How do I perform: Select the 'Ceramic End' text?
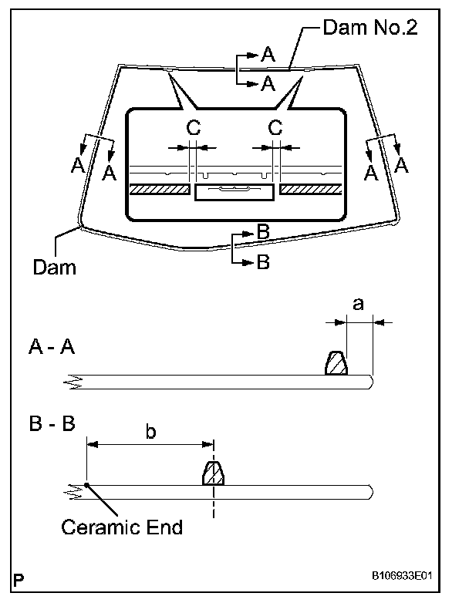pos(122,527)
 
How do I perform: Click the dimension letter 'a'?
pos(357,305)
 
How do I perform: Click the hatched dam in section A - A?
pos(336,363)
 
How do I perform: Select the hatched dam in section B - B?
pos(213,473)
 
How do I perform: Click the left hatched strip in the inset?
pos(160,189)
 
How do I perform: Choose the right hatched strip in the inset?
pos(311,189)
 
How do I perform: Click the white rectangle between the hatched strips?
pos(235,192)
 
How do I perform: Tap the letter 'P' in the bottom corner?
pos(17,579)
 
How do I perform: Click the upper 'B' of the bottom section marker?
pos(262,231)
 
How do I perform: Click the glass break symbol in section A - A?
pos(74,380)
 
